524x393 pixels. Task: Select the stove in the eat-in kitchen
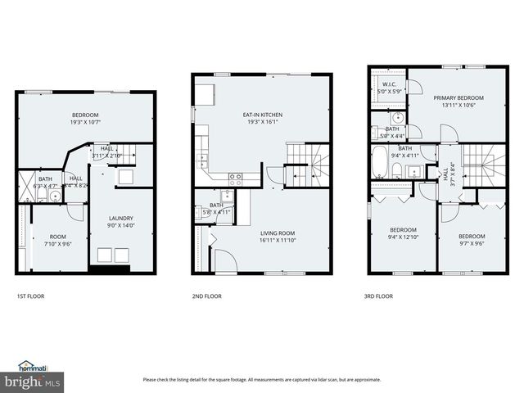234,176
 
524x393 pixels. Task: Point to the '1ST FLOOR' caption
31,296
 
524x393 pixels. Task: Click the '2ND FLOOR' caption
206,296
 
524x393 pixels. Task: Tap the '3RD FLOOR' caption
379,296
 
